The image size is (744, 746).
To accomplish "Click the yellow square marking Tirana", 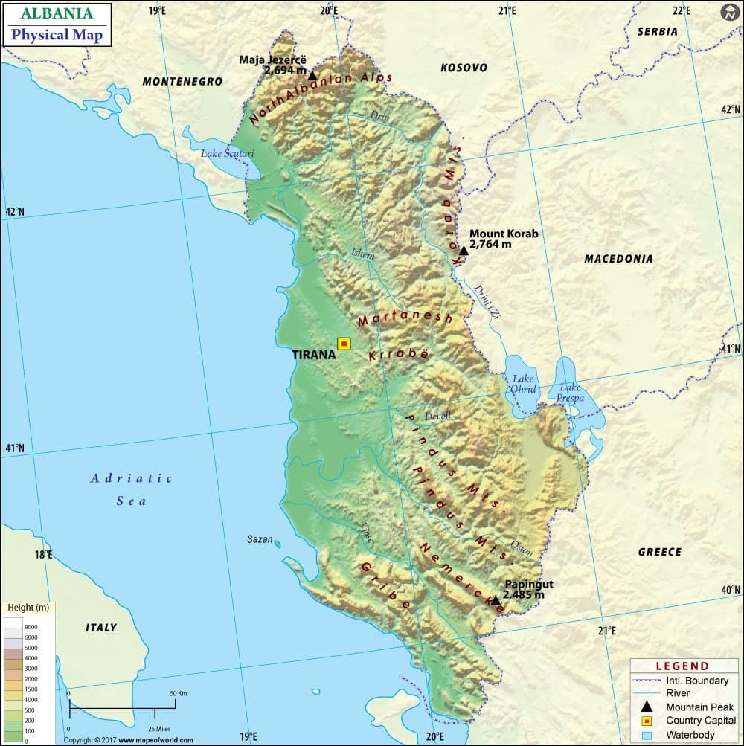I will (x=344, y=344).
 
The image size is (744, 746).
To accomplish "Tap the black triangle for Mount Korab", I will (x=464, y=251).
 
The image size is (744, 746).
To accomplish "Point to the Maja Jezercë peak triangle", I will (x=312, y=75).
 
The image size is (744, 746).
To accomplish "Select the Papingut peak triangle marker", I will (x=496, y=600).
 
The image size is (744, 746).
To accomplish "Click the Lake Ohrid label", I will (x=523, y=384).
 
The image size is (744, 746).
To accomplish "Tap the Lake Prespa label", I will (x=571, y=393).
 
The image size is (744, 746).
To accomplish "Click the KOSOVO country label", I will (x=464, y=68).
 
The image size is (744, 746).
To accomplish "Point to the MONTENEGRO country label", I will (x=182, y=82).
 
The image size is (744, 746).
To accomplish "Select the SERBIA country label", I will (x=658, y=32).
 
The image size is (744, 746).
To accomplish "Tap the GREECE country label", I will (x=659, y=552).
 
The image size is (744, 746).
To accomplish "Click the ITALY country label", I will (x=101, y=628).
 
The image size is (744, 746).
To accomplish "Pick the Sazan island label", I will (x=260, y=539).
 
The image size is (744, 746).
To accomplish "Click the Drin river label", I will (x=379, y=115).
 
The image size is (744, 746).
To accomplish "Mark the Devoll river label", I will (x=437, y=417).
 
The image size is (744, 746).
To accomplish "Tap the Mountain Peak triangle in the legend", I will (x=647, y=707).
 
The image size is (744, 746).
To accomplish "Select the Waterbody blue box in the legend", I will (x=647, y=735).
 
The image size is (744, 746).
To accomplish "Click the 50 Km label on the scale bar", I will (x=178, y=693).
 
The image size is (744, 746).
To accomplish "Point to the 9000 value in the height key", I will (x=31, y=627).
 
